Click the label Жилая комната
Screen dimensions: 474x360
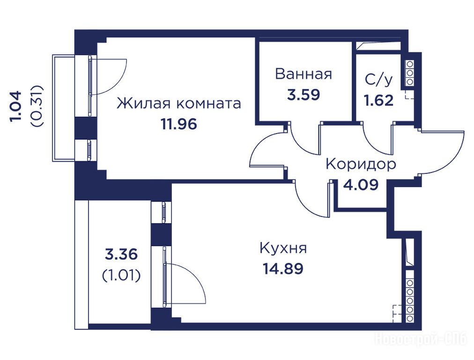coord(179,104)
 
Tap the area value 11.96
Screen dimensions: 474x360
coord(179,124)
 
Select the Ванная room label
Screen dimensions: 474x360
coord(304,74)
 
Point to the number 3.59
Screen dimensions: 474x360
coord(304,95)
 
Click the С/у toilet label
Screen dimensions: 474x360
coord(379,79)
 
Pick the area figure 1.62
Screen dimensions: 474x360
coord(379,100)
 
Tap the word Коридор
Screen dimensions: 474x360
coord(361,164)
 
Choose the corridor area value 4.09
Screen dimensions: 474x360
coord(361,185)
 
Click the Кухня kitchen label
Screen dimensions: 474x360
coord(283,248)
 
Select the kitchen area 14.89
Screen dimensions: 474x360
coord(283,268)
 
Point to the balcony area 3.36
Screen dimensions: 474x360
coord(121,254)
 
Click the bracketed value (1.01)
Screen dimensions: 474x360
coord(121,275)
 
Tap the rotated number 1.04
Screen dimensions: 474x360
coord(16,106)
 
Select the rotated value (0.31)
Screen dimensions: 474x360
coord(37,106)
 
